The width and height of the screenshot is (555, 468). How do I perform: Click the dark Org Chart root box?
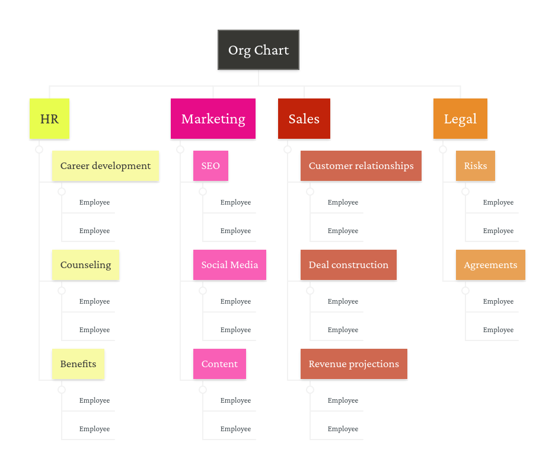coord(259,50)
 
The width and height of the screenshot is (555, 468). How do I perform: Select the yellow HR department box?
coord(49,119)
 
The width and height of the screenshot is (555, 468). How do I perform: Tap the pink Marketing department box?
coord(213,119)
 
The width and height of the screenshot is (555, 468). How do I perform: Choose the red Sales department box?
coord(304,119)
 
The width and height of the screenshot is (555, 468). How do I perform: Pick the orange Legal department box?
coord(460,119)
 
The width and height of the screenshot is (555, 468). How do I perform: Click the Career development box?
coord(106,165)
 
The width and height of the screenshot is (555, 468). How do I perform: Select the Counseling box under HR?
coord(85,265)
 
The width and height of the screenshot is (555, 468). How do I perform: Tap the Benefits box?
coord(78,364)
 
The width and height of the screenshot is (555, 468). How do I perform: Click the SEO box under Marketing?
coord(210,165)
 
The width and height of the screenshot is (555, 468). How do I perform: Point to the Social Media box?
coord(229,265)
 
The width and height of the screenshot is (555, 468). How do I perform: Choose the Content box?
coord(219,364)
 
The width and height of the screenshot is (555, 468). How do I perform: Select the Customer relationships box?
coord(361,165)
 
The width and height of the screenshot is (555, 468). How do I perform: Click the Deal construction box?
coord(349,265)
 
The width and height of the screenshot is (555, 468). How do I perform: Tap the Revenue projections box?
coord(354,364)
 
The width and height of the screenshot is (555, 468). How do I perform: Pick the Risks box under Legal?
coord(476,165)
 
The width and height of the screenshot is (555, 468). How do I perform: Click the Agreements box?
coord(490,265)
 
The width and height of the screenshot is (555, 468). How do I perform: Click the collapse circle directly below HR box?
coord(39,149)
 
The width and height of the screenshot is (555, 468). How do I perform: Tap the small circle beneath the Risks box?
coord(465,192)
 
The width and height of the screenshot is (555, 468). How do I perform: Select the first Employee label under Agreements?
coord(498,301)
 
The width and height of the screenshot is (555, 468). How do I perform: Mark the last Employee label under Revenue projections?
coord(343,429)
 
